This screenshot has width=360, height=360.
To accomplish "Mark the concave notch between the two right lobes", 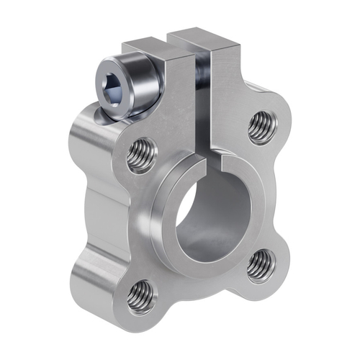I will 277,194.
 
